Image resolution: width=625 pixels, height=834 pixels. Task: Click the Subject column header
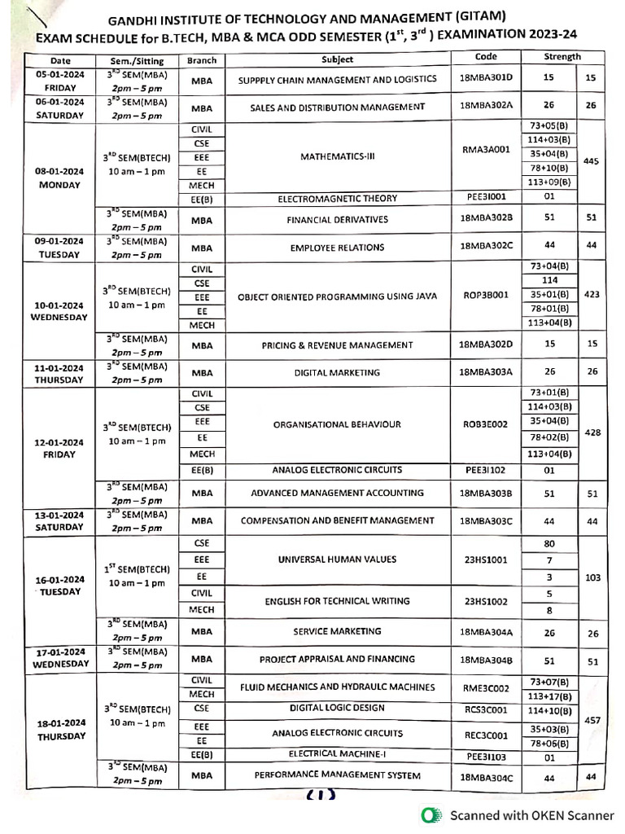coord(337,60)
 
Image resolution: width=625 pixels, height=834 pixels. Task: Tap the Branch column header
coord(201,61)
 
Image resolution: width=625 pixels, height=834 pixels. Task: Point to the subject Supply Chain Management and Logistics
coord(337,80)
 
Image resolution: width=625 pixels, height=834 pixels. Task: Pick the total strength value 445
coord(592,161)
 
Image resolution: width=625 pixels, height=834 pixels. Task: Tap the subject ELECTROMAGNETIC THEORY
coord(337,199)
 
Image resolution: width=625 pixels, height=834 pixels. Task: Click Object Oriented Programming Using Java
coord(337,296)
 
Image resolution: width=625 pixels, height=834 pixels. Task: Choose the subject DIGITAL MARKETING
coord(337,373)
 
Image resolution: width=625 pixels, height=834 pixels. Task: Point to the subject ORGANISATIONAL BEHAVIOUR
coord(337,424)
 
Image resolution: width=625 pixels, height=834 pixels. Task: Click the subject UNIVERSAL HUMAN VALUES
coord(337,560)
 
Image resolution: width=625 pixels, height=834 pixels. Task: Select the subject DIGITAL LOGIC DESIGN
coord(337,709)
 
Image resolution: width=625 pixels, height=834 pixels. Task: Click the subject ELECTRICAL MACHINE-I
coord(337,754)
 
